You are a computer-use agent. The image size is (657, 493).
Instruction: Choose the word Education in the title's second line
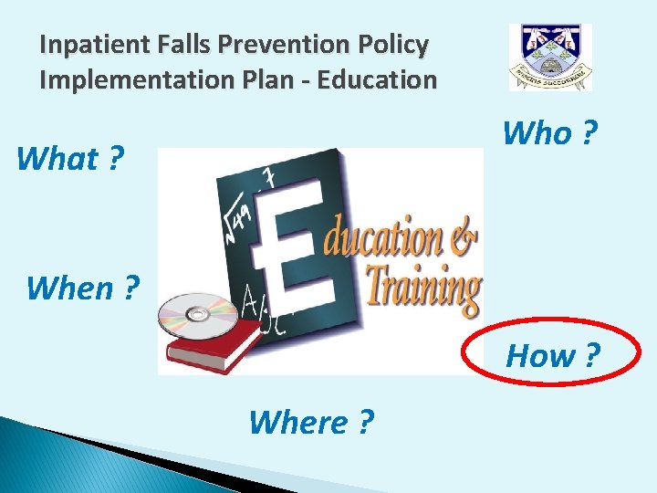376,79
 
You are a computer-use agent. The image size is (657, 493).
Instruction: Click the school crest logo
549,58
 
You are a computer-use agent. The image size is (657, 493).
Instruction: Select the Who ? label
550,133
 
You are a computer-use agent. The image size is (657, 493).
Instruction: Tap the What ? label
70,159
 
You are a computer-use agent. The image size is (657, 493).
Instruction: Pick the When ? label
83,288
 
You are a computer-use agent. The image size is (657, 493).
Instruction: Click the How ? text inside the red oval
553,355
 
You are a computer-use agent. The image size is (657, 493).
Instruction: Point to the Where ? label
310,422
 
